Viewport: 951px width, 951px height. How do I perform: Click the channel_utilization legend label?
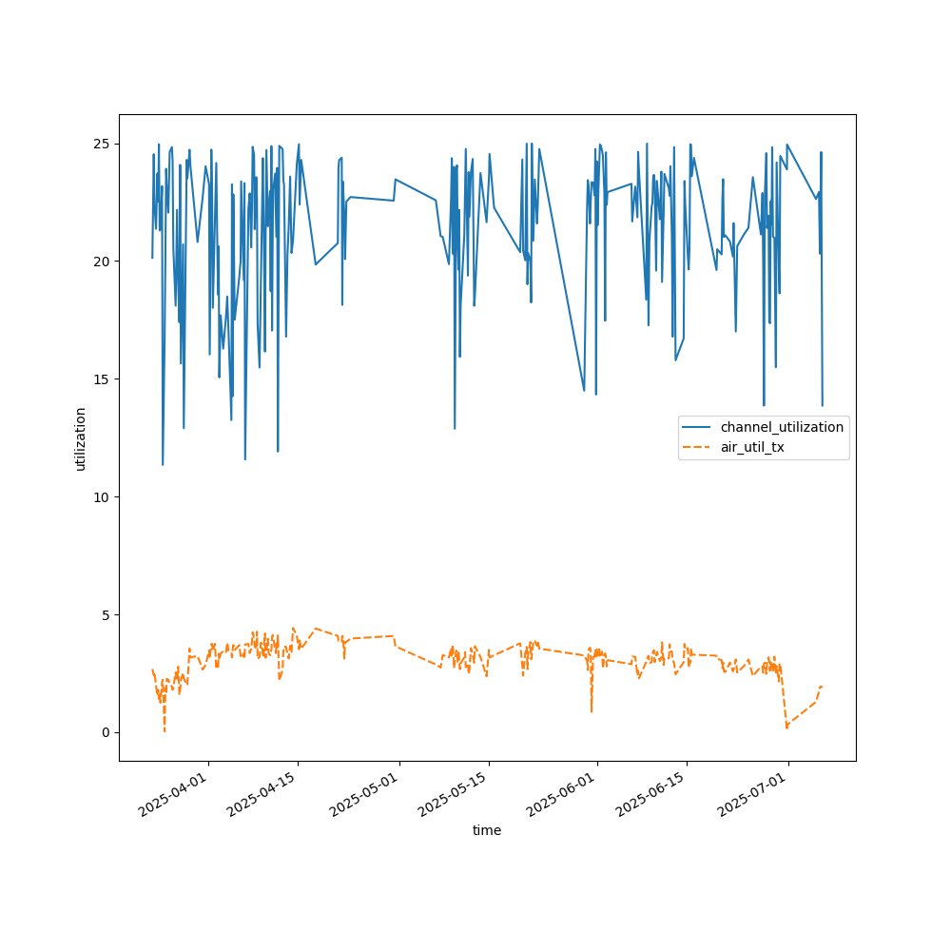click(782, 427)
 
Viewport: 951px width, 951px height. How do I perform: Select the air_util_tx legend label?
click(752, 447)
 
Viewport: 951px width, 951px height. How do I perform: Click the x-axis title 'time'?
click(487, 830)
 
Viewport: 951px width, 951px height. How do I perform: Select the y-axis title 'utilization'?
click(81, 438)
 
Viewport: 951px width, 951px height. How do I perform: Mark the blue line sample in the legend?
click(698, 427)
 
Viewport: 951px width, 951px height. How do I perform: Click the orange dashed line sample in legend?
click(698, 447)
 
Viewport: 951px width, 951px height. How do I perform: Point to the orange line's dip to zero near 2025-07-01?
click(786, 728)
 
